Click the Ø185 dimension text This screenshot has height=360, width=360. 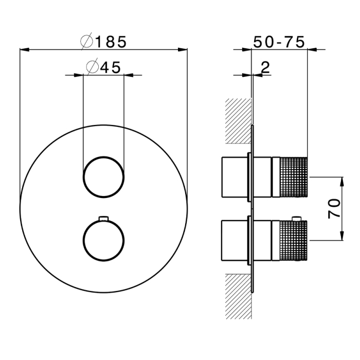tap(103, 41)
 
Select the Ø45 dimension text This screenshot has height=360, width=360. tap(103, 67)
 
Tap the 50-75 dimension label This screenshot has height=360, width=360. tap(279, 42)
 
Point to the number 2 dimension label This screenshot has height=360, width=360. tap(265, 67)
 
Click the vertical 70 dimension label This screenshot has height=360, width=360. tap(334, 208)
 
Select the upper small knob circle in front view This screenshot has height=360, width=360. tap(103, 177)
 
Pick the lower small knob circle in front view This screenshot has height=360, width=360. tap(103, 240)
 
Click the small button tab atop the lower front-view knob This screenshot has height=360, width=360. tap(103, 218)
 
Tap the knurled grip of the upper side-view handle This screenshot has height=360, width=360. tap(294, 177)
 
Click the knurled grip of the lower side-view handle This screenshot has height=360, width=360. tap(294, 240)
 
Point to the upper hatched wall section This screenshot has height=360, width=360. tap(238, 121)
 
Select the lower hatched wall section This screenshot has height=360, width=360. tap(238, 296)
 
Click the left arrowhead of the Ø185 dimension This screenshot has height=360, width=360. tap(24, 49)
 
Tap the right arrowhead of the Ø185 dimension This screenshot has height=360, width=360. tap(183, 49)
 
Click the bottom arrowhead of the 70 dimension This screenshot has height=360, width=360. tap(342, 236)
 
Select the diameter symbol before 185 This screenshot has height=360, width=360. tap(86, 41)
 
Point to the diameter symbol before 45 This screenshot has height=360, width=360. tap(92, 67)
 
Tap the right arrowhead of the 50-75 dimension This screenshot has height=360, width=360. tap(312, 49)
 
